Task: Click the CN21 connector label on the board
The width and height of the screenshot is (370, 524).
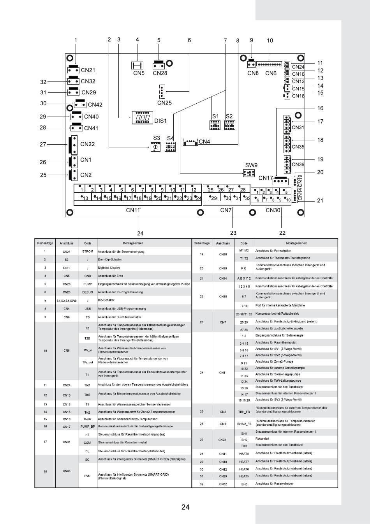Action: [88, 70]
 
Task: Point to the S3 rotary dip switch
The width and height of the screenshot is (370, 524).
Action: [156, 147]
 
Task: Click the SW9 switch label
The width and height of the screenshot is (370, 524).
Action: [251, 165]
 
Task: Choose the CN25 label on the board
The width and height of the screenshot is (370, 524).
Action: [164, 103]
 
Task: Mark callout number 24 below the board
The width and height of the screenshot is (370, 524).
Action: [140, 233]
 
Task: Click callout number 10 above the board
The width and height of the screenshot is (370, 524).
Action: [270, 41]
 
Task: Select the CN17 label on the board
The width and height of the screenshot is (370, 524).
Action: [266, 178]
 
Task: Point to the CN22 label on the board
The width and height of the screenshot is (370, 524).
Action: [87, 144]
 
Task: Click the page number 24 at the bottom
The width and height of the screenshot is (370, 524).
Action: [185, 507]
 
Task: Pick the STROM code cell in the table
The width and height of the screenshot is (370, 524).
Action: [88, 251]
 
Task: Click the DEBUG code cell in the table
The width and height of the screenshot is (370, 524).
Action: [88, 292]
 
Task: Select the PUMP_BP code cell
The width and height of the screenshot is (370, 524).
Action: [88, 427]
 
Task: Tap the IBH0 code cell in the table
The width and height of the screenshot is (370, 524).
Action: [244, 484]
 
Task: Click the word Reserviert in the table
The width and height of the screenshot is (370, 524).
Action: [262, 439]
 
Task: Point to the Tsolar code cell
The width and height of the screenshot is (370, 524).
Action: [88, 419]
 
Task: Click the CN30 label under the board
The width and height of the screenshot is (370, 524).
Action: [273, 210]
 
